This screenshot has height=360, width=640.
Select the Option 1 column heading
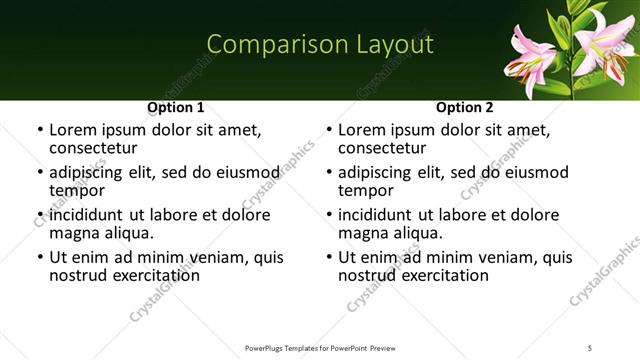tap(176, 107)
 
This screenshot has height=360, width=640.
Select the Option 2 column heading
tap(465, 107)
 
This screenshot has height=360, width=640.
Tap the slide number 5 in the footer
tap(590, 348)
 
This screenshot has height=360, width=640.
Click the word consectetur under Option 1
tap(92, 147)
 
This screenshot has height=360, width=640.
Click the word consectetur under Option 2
tap(381, 147)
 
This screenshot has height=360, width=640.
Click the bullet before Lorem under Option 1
tap(39, 130)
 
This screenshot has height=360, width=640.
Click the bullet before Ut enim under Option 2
tap(328, 258)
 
